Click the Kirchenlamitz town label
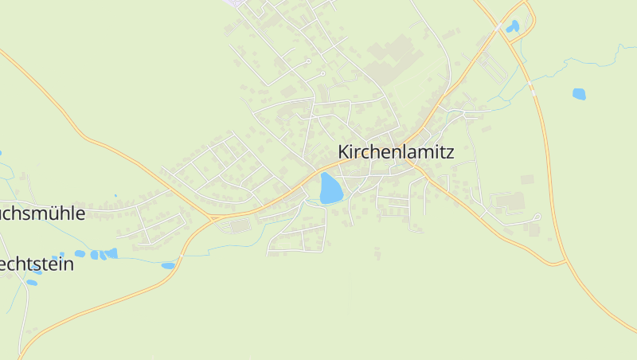tap(396, 152)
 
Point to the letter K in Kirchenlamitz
tap(344, 152)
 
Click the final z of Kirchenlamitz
tap(450, 152)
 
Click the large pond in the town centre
tap(330, 189)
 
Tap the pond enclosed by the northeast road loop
tap(513, 26)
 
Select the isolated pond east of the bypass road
tap(579, 94)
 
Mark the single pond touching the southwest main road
tap(168, 265)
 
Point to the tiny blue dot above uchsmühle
tap(115, 195)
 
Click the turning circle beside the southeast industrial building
tap(538, 216)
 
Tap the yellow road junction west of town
tap(211, 217)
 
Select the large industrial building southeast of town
tap(510, 201)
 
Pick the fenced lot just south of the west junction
tap(238, 227)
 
